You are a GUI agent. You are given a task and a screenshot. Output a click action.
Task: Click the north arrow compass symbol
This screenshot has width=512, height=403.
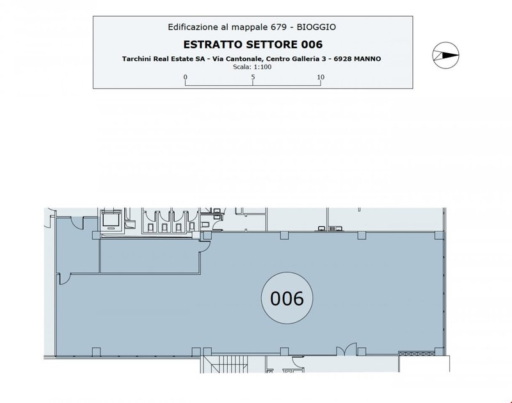[x=445, y=55]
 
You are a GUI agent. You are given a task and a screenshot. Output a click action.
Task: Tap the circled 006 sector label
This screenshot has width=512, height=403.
[x=287, y=298]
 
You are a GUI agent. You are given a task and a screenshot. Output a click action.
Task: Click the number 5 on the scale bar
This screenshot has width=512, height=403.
[x=253, y=77]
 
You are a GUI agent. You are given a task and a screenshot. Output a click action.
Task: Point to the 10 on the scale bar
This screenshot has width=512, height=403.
[x=321, y=77]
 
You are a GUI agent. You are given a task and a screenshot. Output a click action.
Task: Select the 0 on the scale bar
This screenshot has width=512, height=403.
[x=186, y=77]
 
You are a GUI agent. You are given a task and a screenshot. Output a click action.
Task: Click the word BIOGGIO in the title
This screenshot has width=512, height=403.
[x=316, y=27]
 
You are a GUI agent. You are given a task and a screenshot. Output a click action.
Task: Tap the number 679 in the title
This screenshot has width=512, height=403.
[x=278, y=27]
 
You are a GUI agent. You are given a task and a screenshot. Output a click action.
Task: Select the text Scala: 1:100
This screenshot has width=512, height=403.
[x=252, y=67]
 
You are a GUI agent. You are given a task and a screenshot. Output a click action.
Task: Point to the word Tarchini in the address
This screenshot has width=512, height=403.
[x=136, y=59]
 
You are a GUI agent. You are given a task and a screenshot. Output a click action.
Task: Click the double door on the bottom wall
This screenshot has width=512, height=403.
[x=346, y=349]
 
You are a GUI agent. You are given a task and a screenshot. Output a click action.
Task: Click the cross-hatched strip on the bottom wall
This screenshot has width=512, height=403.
[x=417, y=353]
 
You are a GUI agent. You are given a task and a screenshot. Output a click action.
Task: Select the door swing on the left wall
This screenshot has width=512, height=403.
[x=65, y=279]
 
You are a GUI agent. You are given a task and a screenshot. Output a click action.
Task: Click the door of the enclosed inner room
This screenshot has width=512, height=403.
[x=204, y=247]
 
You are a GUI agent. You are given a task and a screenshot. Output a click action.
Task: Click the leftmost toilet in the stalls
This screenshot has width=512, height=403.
[x=150, y=227]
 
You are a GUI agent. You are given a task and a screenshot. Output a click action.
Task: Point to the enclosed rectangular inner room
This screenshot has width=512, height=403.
[x=150, y=256]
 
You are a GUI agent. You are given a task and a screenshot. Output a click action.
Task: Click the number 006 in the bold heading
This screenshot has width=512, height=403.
[x=312, y=44]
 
